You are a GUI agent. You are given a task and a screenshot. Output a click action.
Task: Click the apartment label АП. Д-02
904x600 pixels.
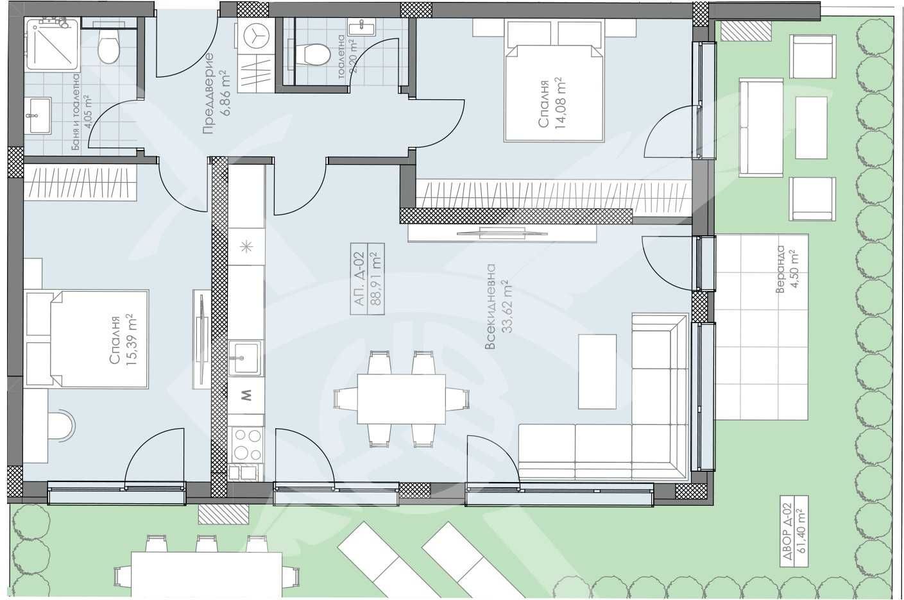pos(359,279)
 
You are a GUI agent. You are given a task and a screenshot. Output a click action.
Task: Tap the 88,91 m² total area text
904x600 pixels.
pos(376,279)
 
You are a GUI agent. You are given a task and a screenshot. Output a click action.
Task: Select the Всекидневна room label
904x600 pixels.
pos(490,306)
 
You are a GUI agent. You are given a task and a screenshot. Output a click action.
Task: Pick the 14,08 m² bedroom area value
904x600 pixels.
pos(561,103)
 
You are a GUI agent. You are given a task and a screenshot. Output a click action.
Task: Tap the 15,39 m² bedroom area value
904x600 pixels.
pos(132,340)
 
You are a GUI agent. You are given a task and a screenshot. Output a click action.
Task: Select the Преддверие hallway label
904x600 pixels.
pos(209,94)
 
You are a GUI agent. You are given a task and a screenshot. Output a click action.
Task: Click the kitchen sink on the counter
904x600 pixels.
pos(244,358)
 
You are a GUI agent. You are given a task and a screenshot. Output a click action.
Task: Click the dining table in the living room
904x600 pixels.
pos(401,399)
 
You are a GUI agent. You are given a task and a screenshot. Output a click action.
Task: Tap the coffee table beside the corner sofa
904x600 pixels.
pos(597,371)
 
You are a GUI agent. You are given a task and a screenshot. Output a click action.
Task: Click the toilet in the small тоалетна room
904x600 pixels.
pos(312,54)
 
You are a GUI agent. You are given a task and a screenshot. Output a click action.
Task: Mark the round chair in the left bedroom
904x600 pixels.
pos(61,426)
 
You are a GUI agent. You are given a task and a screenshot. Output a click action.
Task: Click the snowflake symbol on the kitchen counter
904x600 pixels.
pos(246,247)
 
